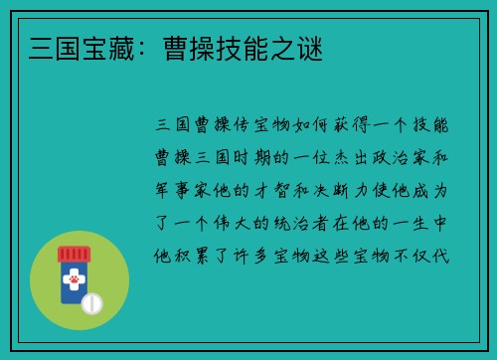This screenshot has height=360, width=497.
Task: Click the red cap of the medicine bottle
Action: pos(74,255)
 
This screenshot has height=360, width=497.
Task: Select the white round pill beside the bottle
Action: pos(91,302)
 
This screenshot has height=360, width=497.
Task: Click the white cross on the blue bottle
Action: pos(75,271)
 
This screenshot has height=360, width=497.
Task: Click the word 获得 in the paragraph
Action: pos(350,125)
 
